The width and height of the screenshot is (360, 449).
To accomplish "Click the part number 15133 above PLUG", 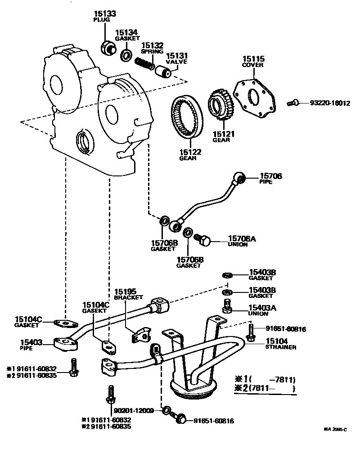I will (105, 14).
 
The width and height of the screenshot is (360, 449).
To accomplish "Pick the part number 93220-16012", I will (330, 103).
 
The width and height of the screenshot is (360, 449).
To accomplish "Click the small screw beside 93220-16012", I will (292, 103).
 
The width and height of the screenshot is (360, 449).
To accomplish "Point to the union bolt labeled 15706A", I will (202, 240).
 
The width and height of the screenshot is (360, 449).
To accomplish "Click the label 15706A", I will (242, 238).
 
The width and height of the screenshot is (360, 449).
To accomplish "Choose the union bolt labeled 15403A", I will (227, 306).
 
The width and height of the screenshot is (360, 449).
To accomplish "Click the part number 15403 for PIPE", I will (31, 343).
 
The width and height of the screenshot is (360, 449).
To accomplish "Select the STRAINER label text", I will (280, 347).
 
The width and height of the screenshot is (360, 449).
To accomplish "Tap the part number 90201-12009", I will (134, 410).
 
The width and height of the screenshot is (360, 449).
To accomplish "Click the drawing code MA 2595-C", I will (335, 430).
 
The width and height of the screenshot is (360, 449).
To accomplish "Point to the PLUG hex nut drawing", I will (107, 46).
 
